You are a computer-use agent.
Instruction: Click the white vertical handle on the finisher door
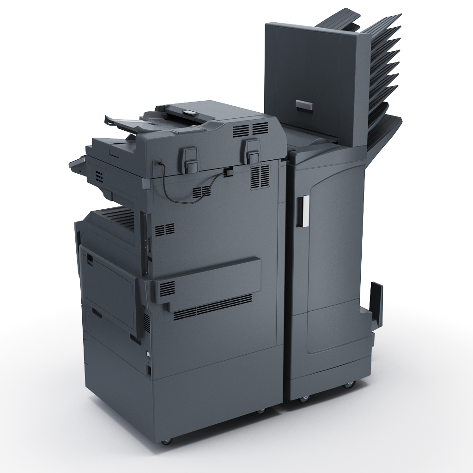pyautogui.click(x=302, y=211)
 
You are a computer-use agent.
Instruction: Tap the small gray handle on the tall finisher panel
pyautogui.click(x=303, y=105)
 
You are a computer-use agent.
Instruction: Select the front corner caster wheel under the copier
pyautogui.click(x=166, y=441)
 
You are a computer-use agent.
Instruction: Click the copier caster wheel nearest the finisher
pyautogui.click(x=261, y=410)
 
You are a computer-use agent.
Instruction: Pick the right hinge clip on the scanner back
pyautogui.click(x=251, y=150)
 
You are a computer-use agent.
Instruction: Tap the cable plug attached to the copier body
pyautogui.click(x=228, y=173)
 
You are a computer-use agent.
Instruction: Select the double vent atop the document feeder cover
pyautogui.click(x=250, y=129)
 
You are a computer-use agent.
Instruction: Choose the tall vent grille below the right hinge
pyautogui.click(x=260, y=176)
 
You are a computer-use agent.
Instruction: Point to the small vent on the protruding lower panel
pyautogui.click(x=167, y=288)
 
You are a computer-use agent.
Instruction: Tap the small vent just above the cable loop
pyautogui.click(x=202, y=191)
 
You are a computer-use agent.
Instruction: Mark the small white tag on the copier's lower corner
pyautogui.click(x=148, y=354)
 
